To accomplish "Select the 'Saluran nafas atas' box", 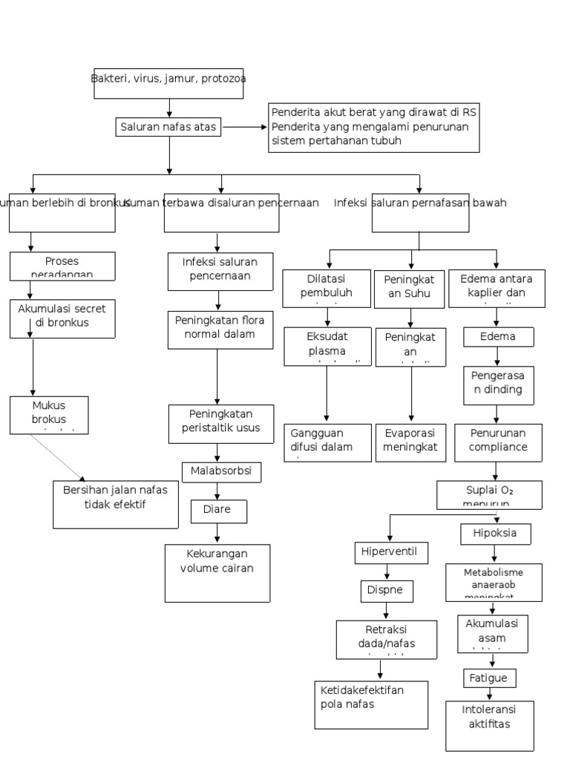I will pos(168,127).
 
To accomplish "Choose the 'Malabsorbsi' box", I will pos(221,471).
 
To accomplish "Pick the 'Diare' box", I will pos(218,511).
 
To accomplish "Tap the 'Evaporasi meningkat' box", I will pos(410,442).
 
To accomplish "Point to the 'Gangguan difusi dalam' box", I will pos(327,442).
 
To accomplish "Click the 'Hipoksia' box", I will pos(495,533).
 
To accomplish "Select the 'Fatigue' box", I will pos(490,678).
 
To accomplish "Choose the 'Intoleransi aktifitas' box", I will pos(490,724).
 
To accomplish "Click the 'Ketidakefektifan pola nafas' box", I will pos(371,704).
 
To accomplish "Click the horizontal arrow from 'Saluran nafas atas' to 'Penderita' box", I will pos(245,127).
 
